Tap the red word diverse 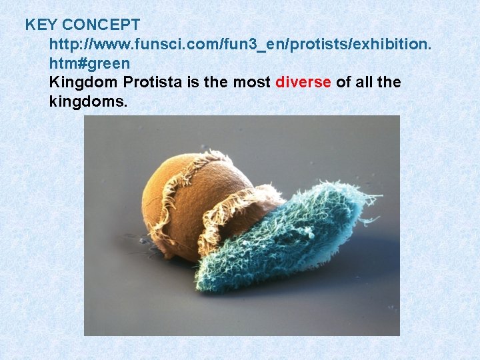click(x=303, y=82)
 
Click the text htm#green click(x=89, y=63)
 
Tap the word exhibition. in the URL click(x=393, y=45)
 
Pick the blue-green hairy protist click(x=287, y=233)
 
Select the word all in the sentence click(x=363, y=82)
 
